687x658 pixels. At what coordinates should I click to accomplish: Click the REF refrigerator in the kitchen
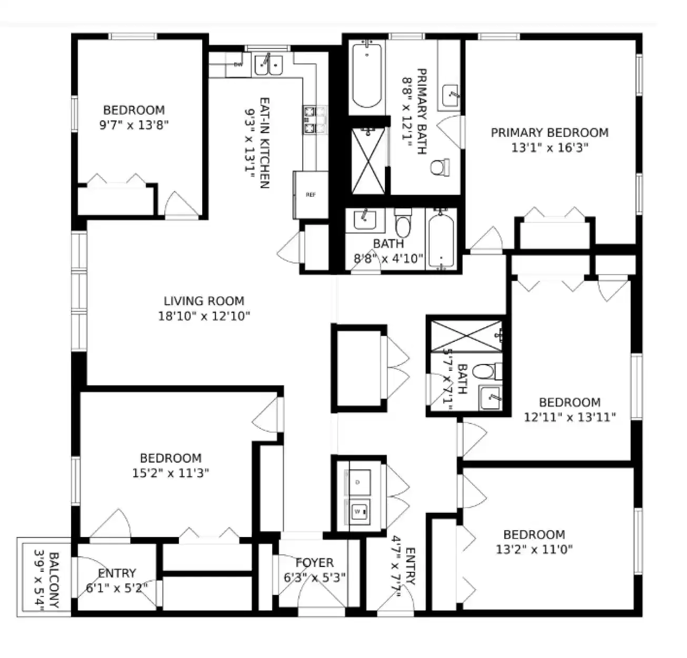(311, 195)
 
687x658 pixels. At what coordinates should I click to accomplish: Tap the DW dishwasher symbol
(238, 65)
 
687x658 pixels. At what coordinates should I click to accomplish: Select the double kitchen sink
(269, 65)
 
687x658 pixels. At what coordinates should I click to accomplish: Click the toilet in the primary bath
(440, 167)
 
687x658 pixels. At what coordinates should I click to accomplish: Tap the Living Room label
(204, 301)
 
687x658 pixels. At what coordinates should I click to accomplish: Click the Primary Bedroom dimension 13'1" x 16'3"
(550, 148)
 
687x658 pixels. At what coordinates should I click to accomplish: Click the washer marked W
(359, 510)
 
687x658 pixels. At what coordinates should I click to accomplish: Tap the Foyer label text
(314, 563)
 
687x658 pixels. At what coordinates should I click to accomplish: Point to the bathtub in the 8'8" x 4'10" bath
(440, 239)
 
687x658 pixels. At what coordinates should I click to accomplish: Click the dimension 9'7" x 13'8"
(134, 125)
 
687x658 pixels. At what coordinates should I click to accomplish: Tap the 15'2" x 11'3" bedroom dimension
(171, 473)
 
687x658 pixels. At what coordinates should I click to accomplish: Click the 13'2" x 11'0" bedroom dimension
(534, 550)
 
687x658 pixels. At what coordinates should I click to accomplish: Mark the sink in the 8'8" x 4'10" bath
(364, 219)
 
